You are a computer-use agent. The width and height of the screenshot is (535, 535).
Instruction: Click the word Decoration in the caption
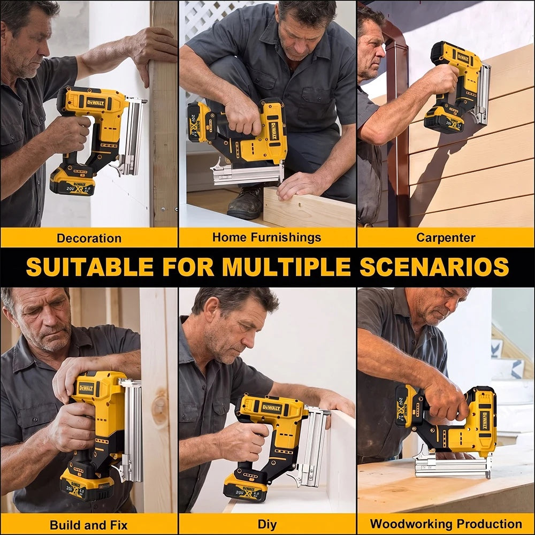[x=89, y=238]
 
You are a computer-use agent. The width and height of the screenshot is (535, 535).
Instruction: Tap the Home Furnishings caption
[x=266, y=237]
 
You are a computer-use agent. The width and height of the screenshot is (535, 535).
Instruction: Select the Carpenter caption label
[x=446, y=238]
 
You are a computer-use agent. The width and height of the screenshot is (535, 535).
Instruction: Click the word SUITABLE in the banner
[x=90, y=267]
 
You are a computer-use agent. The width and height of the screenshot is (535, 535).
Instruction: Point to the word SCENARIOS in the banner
[x=434, y=267]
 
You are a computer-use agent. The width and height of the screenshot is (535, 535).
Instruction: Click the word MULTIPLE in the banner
[x=287, y=267]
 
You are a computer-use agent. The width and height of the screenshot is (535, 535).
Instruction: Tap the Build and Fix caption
[x=89, y=525]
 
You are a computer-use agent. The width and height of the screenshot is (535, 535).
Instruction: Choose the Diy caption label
[x=267, y=525]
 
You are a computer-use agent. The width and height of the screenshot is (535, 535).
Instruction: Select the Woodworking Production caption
[x=446, y=524]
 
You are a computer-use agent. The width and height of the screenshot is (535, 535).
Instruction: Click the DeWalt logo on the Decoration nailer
[x=96, y=103]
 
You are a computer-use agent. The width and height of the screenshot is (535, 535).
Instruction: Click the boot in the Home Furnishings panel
[x=246, y=202]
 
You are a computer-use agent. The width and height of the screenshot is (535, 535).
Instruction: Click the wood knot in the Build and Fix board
[x=159, y=406]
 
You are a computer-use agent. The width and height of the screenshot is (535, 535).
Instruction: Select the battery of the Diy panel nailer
[x=246, y=487]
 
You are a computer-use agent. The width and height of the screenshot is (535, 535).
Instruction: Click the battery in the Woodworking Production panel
[x=407, y=406]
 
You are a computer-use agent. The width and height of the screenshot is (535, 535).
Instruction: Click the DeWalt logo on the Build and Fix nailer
[x=86, y=388]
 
